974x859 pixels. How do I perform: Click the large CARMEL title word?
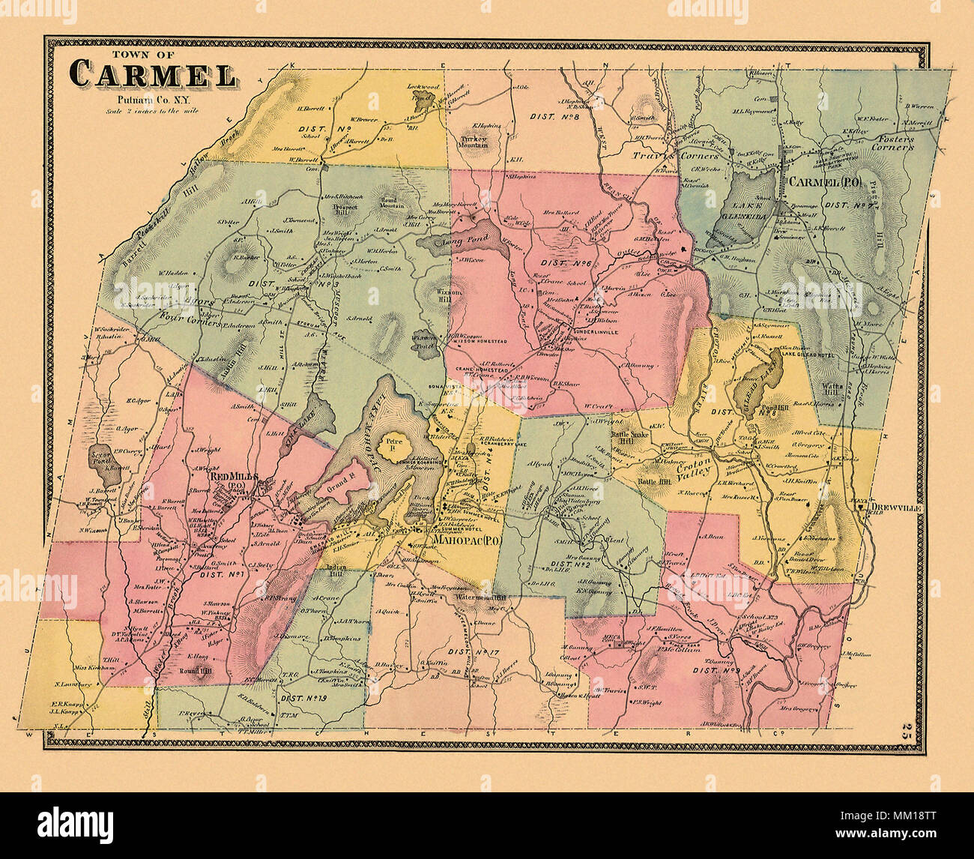tap(153, 75)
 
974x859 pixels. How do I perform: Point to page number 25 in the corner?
tap(909, 729)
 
